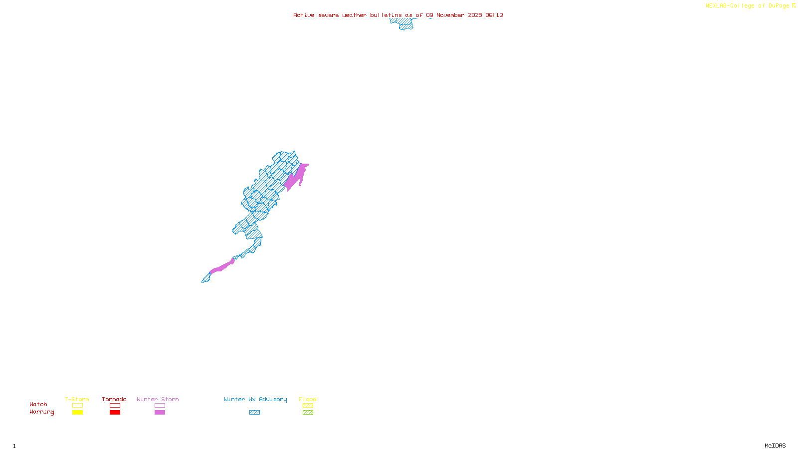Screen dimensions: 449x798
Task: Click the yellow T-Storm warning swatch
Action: pyautogui.click(x=77, y=413)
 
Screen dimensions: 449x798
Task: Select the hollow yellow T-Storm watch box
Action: pyautogui.click(x=77, y=406)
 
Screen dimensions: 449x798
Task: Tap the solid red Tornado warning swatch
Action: pyautogui.click(x=115, y=413)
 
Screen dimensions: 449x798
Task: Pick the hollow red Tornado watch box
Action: pyautogui.click(x=115, y=406)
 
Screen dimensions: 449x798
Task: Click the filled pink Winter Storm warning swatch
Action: pyautogui.click(x=160, y=413)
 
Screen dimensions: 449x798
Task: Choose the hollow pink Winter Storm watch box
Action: pyautogui.click(x=160, y=406)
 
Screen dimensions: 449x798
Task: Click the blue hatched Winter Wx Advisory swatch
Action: pyautogui.click(x=254, y=413)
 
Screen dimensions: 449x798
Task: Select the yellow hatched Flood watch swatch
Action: pyautogui.click(x=308, y=406)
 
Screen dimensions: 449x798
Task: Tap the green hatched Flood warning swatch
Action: pyautogui.click(x=308, y=413)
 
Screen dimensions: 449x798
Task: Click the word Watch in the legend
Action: pyautogui.click(x=38, y=405)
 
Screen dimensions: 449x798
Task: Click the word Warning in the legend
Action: pyautogui.click(x=41, y=412)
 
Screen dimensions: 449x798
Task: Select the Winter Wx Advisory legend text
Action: pyautogui.click(x=255, y=399)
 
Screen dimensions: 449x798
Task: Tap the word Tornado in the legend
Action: pyautogui.click(x=114, y=399)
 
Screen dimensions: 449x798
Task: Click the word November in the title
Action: pyautogui.click(x=450, y=15)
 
